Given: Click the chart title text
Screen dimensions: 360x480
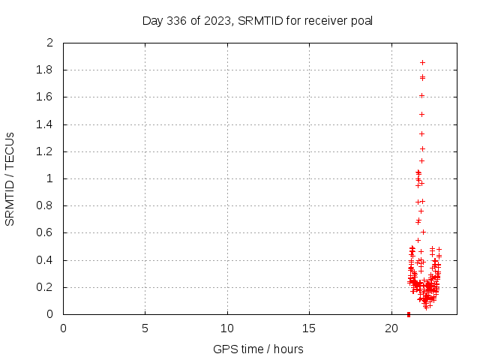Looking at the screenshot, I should (257, 20).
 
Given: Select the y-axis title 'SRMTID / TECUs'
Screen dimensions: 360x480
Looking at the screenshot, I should (10, 178).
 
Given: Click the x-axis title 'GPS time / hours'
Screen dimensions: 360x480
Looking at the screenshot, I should (258, 349).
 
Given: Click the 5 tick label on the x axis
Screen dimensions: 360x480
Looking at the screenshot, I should (145, 328).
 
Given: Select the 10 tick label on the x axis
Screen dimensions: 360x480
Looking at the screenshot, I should (227, 328).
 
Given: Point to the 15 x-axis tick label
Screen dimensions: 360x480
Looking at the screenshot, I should (309, 328).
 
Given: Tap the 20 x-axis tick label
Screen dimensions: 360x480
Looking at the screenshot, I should (391, 328).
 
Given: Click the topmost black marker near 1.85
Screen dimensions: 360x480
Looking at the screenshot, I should (422, 63).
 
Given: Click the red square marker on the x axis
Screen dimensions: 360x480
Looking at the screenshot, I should (408, 313).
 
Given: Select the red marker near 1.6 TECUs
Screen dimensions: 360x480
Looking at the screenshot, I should (421, 95).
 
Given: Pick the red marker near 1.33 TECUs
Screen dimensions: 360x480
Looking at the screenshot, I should (421, 133).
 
